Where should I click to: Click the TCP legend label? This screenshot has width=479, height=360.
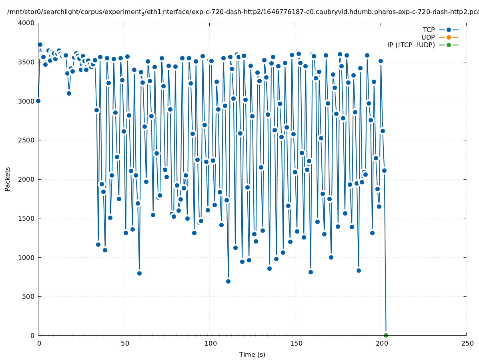429,30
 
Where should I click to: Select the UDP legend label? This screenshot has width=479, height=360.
428,37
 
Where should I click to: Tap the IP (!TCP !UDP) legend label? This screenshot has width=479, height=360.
411,45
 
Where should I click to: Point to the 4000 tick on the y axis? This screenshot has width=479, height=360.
26,23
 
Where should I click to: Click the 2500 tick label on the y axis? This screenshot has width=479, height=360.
26,140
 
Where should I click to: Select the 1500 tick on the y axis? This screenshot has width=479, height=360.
26,218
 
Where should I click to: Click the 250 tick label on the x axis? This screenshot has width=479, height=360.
467,343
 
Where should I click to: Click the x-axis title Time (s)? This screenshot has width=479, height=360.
252,354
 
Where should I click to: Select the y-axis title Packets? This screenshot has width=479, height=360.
8,179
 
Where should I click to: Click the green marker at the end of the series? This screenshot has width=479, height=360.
386,335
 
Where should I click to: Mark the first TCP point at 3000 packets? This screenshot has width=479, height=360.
38,101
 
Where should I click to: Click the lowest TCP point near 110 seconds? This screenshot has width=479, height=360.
228,281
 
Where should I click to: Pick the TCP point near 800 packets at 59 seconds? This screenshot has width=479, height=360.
139,273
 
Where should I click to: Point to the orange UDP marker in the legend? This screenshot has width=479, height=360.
449,37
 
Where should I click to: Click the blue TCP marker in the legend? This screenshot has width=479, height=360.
449,30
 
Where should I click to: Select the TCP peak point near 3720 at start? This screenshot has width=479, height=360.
40,44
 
